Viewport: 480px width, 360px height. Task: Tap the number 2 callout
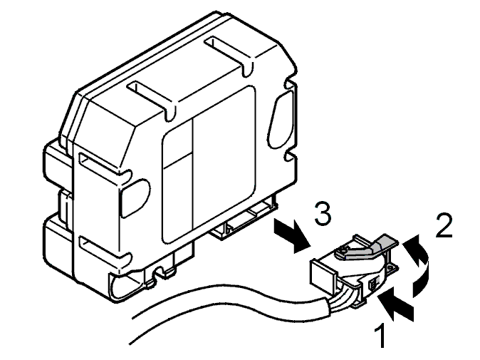(444, 225)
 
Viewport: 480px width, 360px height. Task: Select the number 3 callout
(323, 213)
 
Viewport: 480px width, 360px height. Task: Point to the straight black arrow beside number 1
(395, 304)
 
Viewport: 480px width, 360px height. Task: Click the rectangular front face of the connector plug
(323, 274)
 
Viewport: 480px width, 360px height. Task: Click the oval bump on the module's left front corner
(135, 197)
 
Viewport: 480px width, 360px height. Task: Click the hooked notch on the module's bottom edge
(162, 271)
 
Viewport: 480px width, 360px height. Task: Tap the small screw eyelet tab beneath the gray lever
(391, 269)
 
